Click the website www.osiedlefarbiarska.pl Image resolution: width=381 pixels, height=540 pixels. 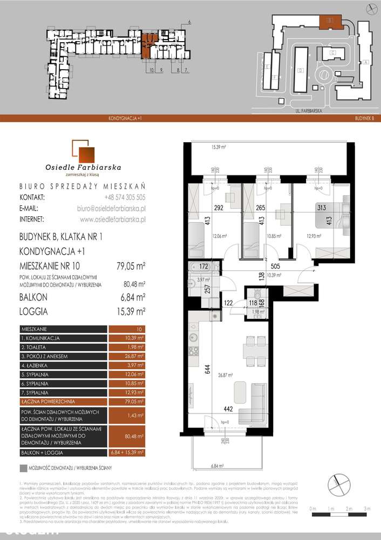coord(112,219)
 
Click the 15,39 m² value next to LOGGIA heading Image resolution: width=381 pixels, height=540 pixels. coord(132,312)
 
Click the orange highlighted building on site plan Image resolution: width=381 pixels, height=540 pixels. coord(328,22)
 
